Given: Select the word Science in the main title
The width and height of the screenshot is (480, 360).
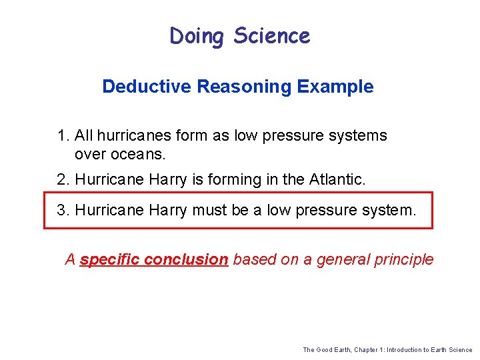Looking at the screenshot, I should pyautogui.click(x=272, y=36).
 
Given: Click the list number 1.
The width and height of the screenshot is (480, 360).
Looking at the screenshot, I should pyautogui.click(x=63, y=136).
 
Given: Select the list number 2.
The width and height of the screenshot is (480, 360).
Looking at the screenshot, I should pyautogui.click(x=63, y=179).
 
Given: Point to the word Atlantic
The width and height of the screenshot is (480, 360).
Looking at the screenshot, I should pyautogui.click(x=337, y=179).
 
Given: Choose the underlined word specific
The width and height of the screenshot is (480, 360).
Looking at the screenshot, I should pyautogui.click(x=107, y=260).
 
